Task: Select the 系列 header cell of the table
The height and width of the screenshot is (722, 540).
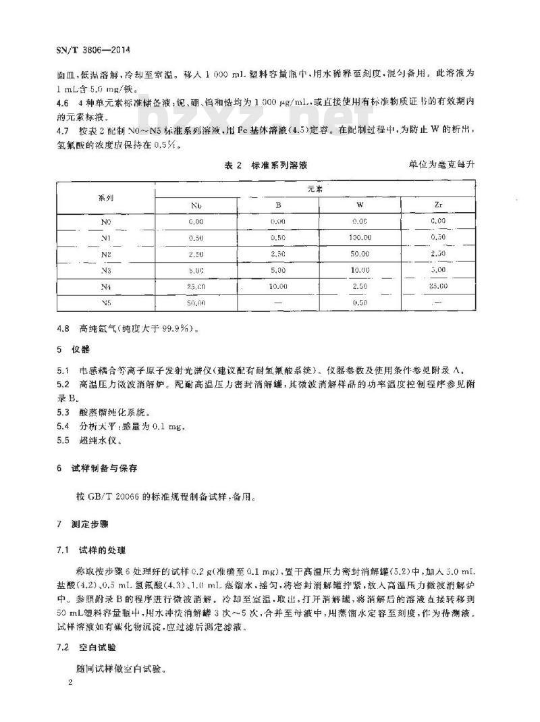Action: pos(105,198)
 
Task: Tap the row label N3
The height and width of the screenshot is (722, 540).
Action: pos(105,269)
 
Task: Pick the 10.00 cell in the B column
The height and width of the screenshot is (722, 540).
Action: pos(278,286)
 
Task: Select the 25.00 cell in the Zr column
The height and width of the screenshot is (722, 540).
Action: pos(437,286)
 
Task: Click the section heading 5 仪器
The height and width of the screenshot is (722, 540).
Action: pos(72,351)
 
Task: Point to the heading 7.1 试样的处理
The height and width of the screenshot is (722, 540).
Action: pos(92,550)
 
